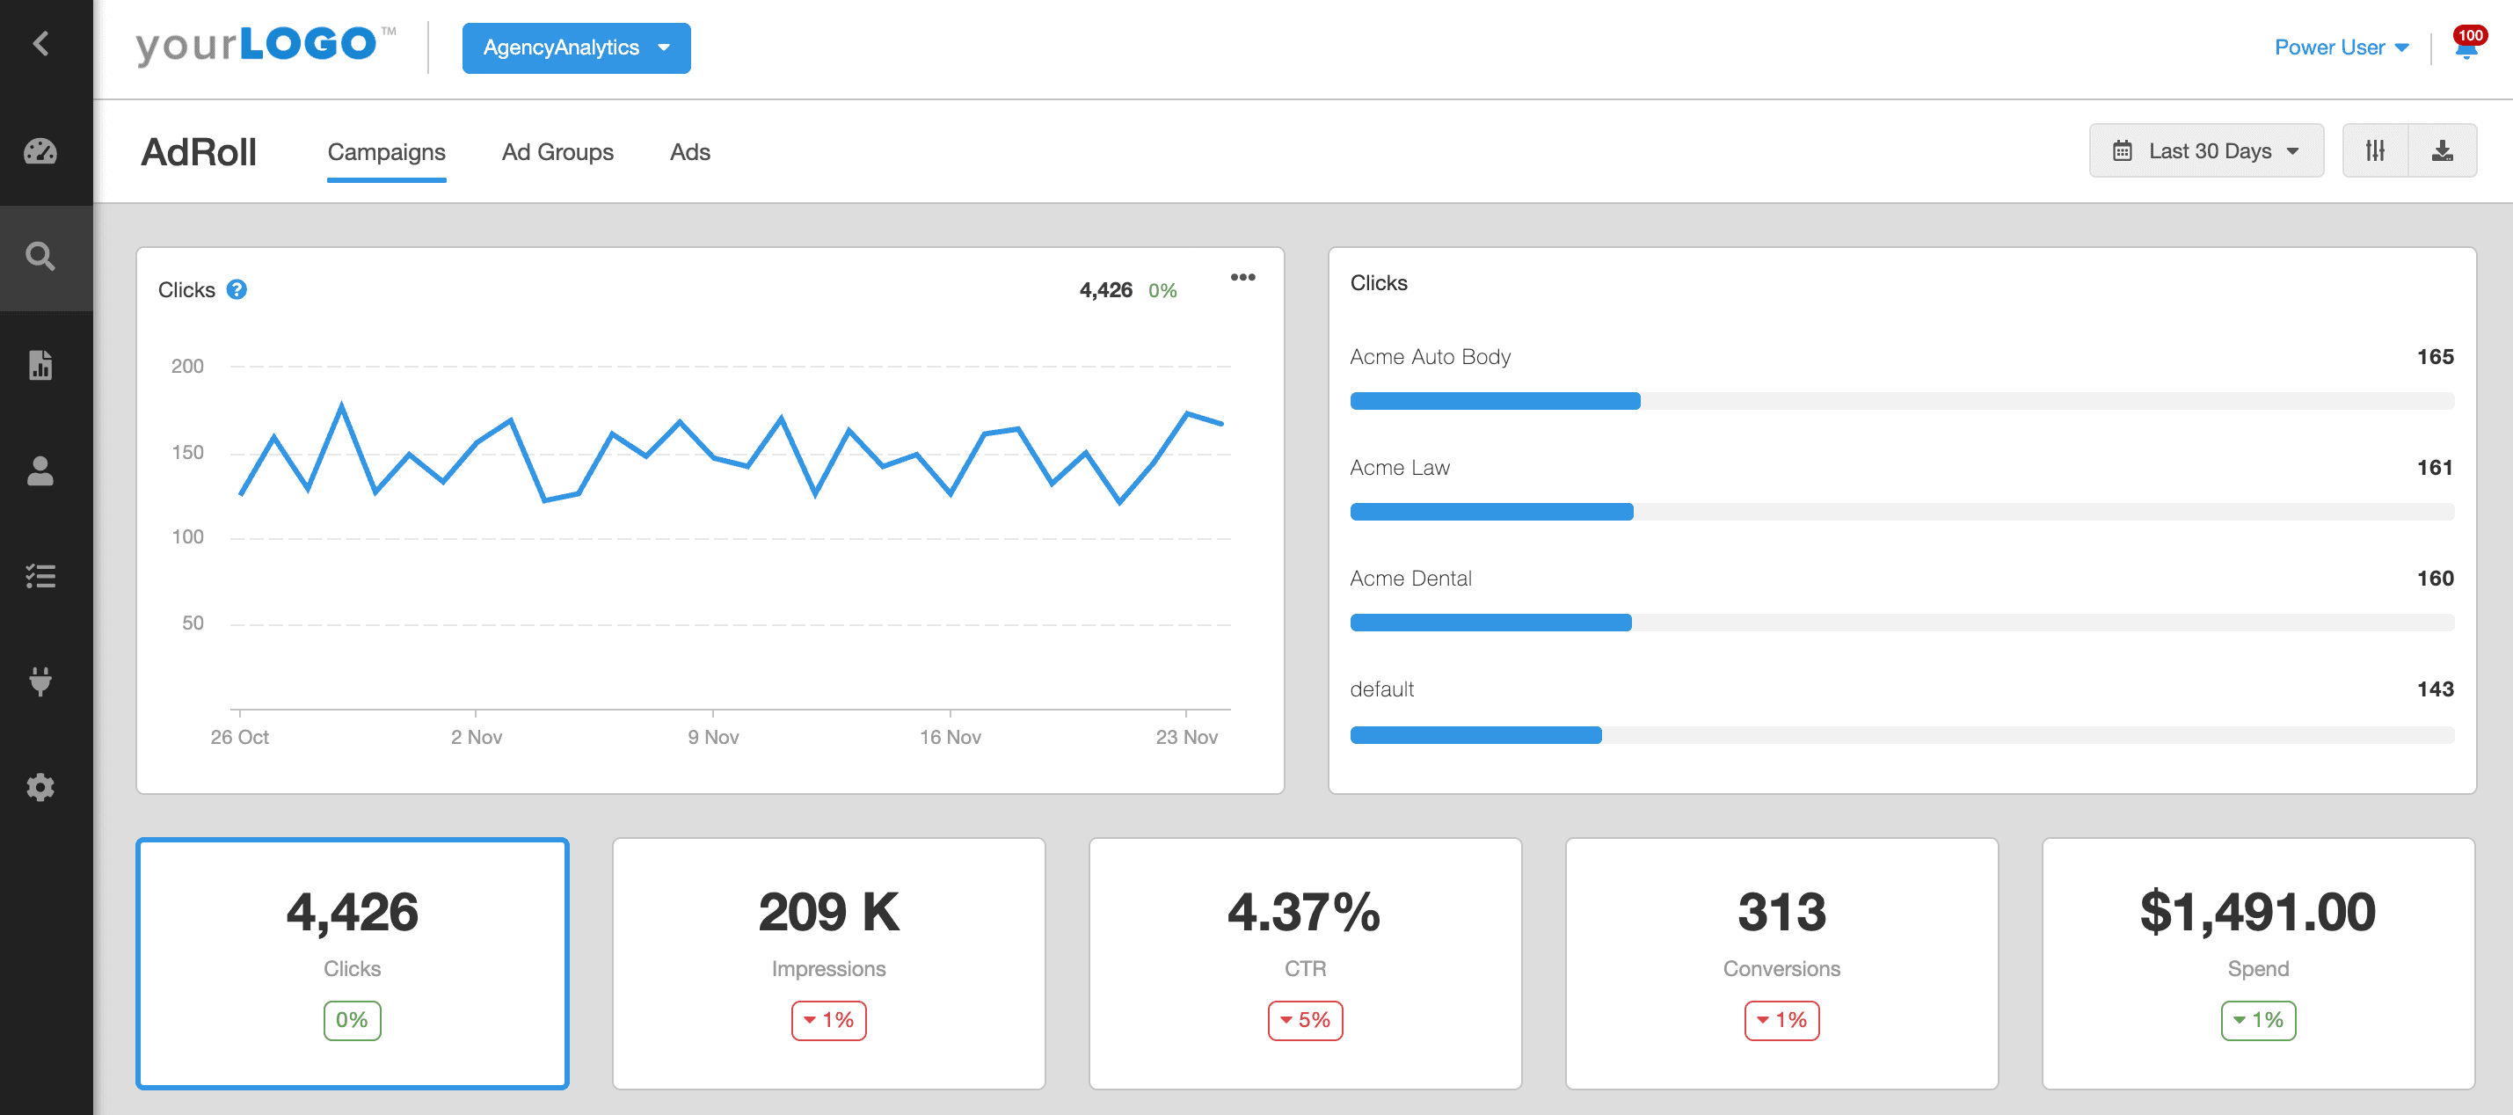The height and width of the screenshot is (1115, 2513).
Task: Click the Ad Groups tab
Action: tap(557, 152)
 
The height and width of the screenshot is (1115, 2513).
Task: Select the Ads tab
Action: tap(689, 152)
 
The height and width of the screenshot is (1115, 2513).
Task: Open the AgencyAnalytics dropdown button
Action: tap(576, 47)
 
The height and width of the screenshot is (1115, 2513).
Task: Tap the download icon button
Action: tap(2442, 151)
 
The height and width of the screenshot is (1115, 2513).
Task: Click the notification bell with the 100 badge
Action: tap(2466, 47)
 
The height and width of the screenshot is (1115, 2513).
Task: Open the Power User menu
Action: tap(2341, 47)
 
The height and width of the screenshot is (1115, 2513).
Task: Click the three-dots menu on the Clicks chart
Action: tap(1242, 278)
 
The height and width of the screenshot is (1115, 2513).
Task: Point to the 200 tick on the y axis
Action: tap(187, 367)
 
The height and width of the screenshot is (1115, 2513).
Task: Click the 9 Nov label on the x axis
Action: tap(713, 738)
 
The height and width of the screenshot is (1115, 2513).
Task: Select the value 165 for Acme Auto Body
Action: tap(2434, 357)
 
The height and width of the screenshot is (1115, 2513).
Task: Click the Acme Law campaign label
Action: tap(1399, 468)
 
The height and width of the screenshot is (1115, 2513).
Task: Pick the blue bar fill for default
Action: tap(1475, 735)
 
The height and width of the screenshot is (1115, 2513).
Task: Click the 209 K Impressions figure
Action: tap(828, 913)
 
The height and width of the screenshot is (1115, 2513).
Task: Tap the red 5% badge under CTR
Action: tap(1304, 1020)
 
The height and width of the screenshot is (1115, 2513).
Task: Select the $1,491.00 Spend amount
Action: tap(2257, 913)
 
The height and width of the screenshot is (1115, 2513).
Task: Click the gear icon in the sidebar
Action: tap(40, 787)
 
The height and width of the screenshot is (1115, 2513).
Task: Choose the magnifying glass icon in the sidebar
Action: tap(40, 257)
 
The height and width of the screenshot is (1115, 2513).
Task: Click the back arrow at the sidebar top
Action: tap(40, 43)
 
